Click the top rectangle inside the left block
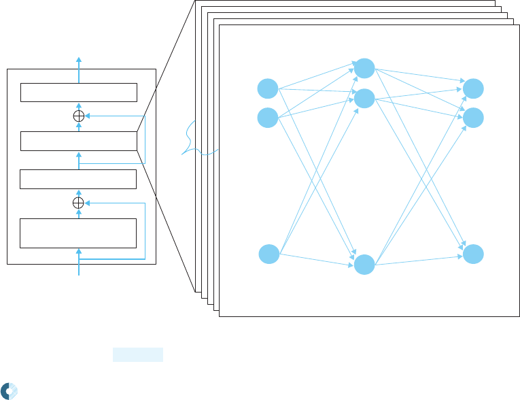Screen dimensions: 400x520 pyautogui.click(x=79, y=92)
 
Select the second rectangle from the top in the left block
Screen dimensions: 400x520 pyautogui.click(x=79, y=141)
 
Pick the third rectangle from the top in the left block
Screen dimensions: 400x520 pyautogui.click(x=78, y=179)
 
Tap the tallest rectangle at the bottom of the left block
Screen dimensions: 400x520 pyautogui.click(x=78, y=233)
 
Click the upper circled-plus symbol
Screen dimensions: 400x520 pyautogui.click(x=78, y=116)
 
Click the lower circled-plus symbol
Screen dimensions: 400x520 pyautogui.click(x=78, y=203)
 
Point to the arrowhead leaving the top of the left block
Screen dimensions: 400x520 pyautogui.click(x=78, y=59)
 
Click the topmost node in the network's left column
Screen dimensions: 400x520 pyautogui.click(x=268, y=89)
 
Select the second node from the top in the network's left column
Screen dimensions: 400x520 pyautogui.click(x=268, y=118)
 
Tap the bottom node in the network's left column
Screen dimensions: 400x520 pyautogui.click(x=269, y=254)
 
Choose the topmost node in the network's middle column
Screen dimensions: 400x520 pyautogui.click(x=364, y=68)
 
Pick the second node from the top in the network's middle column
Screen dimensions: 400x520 pyautogui.click(x=365, y=98)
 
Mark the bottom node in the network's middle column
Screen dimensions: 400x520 pyautogui.click(x=365, y=265)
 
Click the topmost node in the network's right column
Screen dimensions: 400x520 pyautogui.click(x=473, y=88)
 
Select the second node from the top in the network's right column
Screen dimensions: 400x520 pyautogui.click(x=473, y=118)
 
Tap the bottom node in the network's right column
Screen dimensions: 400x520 pyautogui.click(x=473, y=254)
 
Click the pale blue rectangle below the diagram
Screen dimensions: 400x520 pyautogui.click(x=138, y=354)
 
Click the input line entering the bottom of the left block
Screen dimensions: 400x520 pyautogui.click(x=79, y=269)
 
